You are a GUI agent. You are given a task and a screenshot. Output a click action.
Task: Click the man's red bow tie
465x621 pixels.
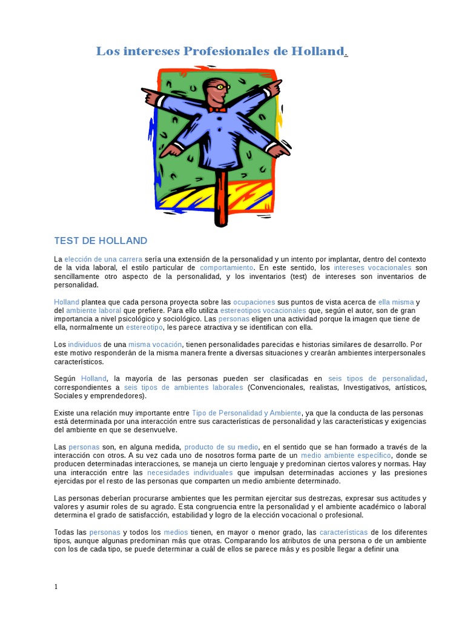pyautogui.click(x=217, y=110)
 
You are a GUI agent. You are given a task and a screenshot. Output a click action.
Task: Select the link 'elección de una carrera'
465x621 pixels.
pyautogui.click(x=104, y=259)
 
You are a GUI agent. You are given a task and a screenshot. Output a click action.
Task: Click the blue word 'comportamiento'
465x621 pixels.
pyautogui.click(x=226, y=267)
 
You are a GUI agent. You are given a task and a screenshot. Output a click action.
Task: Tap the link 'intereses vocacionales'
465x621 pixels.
pyautogui.click(x=372, y=267)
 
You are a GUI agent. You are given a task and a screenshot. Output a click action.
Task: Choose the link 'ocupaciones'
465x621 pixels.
pyautogui.click(x=254, y=302)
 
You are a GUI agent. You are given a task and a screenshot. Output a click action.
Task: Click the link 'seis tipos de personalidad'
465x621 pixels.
pyautogui.click(x=377, y=378)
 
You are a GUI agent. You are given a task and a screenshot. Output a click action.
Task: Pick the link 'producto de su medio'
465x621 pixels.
pyautogui.click(x=222, y=447)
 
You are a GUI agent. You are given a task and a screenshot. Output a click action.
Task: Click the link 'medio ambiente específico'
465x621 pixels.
pyautogui.click(x=346, y=455)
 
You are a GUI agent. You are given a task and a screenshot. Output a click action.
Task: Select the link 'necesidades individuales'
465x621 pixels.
pyautogui.click(x=190, y=472)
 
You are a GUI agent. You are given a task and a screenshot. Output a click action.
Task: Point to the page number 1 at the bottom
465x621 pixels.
pyautogui.click(x=56, y=586)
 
